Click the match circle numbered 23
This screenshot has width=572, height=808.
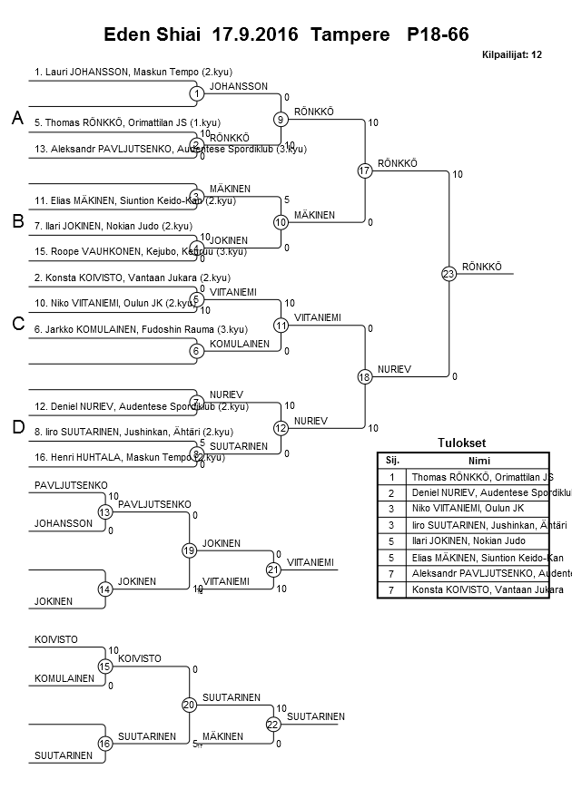449,274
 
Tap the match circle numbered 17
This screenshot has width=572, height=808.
365,170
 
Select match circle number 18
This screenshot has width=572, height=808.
365,376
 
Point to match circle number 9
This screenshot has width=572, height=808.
281,119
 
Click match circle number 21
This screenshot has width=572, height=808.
272,569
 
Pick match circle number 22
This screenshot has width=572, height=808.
272,724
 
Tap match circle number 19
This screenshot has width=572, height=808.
189,550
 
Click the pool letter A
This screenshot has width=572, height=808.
16,118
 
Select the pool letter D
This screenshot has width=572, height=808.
16,428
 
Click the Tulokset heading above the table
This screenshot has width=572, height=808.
461,443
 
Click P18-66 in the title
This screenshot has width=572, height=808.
438,34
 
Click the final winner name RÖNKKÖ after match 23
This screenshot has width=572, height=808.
481,267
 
